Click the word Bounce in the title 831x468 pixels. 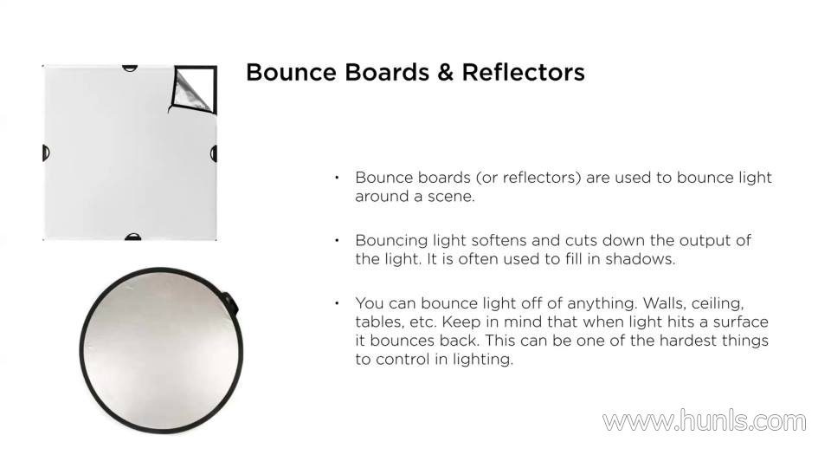pos(291,72)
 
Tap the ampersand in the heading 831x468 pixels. pos(445,73)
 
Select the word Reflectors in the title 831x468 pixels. pos(523,72)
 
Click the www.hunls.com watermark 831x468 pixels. pos(705,421)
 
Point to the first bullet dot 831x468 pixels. pos(337,177)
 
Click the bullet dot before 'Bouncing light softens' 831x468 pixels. pos(337,240)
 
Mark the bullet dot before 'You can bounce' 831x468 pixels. pos(337,303)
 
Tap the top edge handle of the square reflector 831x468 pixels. pos(130,68)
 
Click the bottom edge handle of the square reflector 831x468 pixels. pos(132,237)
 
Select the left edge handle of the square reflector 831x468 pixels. pos(46,153)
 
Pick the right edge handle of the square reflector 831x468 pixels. pos(214,154)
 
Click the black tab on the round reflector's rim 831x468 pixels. pos(230,302)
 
